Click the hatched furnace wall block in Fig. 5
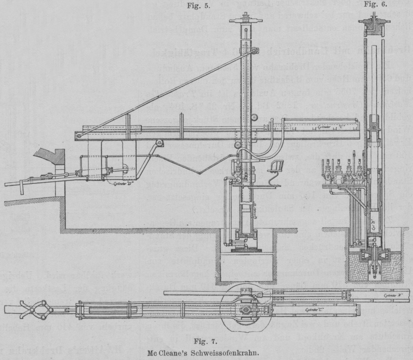(53, 156)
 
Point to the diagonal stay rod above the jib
(155, 94)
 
